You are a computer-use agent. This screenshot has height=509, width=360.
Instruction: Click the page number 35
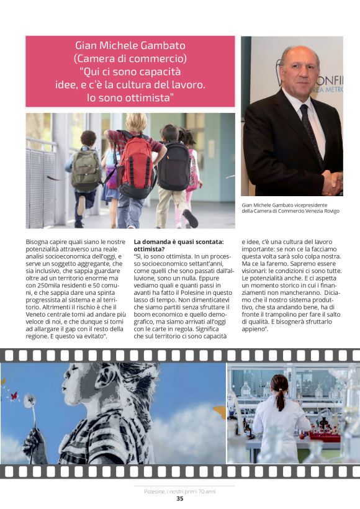pos(180,498)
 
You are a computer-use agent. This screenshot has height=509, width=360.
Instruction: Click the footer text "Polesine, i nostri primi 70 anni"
pos(179,490)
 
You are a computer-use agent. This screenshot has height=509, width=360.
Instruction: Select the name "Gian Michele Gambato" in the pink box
pos(130,45)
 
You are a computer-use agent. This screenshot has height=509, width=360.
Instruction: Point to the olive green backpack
pos(86,170)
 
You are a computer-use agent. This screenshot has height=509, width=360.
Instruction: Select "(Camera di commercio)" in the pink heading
pos(130,59)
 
